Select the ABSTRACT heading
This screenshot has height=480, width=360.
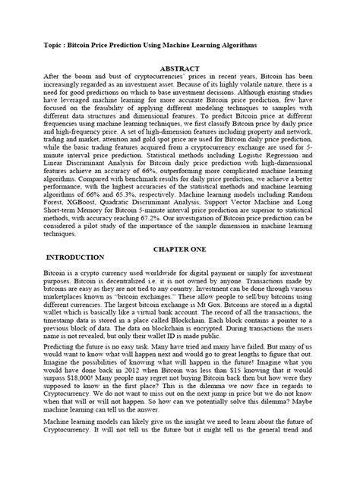click(x=179, y=66)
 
